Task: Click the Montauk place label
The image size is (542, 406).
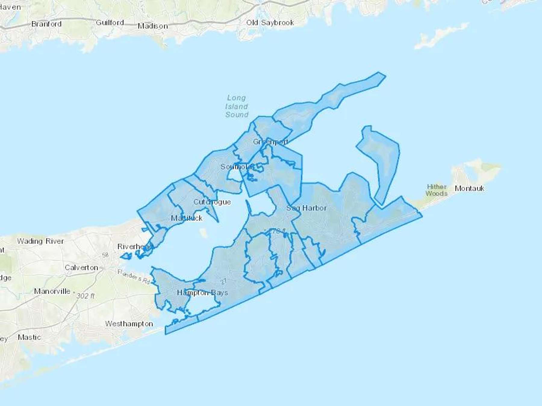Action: pos(469,189)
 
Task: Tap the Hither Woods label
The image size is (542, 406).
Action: pos(436,190)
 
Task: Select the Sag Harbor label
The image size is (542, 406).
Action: pos(306,208)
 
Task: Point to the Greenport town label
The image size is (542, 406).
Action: pos(270,142)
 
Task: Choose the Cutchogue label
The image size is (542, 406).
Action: pos(212,202)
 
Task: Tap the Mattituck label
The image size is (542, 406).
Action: pos(187,218)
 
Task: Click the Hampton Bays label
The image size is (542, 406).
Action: pos(202,293)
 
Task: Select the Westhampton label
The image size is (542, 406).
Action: pos(129,324)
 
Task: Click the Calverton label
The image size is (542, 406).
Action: pos(81,268)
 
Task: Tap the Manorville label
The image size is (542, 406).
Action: pos(52,291)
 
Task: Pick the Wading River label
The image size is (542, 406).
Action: pos(40,241)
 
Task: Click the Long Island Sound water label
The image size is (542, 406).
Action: pos(237,106)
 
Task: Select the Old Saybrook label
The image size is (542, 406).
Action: pos(270,23)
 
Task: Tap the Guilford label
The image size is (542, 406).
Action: pos(110,23)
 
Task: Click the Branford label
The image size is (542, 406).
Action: pos(46,24)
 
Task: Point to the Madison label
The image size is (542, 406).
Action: pos(153,26)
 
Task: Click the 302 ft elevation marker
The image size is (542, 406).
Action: pos(86,296)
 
